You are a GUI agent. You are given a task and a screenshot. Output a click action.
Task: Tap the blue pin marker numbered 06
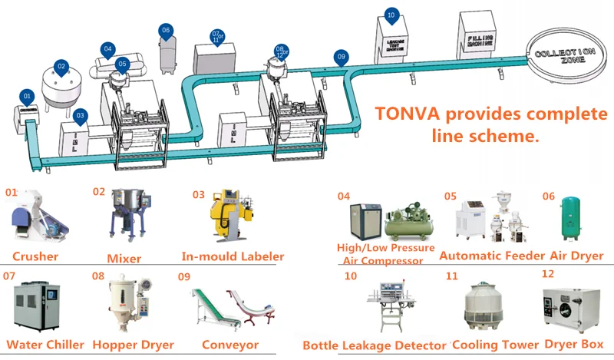[165, 30]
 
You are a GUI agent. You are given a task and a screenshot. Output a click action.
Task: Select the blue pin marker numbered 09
[342, 56]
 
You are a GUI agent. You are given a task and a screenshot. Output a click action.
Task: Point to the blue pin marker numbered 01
[28, 96]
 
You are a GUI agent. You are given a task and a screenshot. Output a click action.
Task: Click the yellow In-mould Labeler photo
[228, 217]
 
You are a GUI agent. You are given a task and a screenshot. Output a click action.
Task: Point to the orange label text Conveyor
[229, 345]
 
